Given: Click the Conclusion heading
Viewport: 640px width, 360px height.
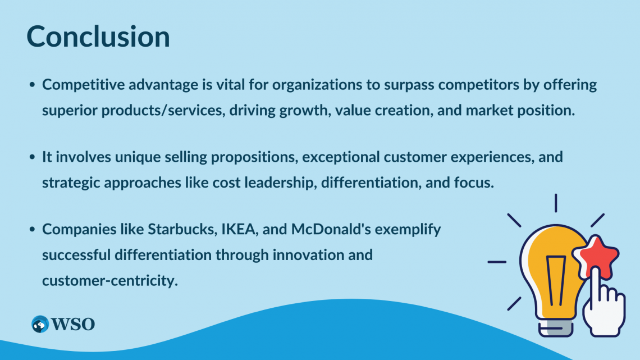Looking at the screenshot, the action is click(98, 37).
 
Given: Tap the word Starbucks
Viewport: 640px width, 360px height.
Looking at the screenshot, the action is click(182, 229).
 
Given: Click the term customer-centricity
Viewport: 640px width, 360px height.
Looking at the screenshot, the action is click(110, 281).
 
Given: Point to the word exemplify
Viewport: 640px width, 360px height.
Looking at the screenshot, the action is click(408, 230).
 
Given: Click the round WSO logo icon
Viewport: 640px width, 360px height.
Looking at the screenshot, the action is click(40, 324).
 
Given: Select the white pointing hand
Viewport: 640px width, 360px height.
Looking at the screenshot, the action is click(604, 302).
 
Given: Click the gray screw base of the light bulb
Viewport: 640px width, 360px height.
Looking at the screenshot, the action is click(556, 327).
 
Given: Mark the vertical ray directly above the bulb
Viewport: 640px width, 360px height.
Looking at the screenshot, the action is click(556, 203).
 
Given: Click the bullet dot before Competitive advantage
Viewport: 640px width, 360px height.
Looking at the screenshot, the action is click(32, 85).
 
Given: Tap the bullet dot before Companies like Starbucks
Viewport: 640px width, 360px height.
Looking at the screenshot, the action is click(32, 229).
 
